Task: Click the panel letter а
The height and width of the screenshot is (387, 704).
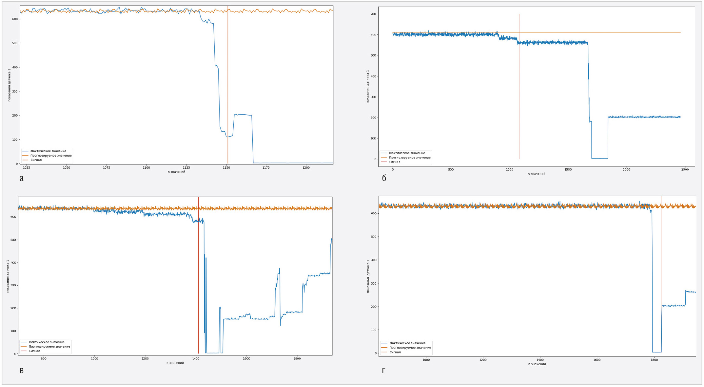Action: [22, 178]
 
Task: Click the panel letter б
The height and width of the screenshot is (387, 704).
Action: [384, 178]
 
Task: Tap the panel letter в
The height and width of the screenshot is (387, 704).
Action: [22, 371]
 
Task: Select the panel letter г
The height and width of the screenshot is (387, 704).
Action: [383, 371]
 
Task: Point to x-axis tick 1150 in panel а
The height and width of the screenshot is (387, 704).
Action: [226, 168]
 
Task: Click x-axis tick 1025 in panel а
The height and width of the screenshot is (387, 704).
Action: [27, 168]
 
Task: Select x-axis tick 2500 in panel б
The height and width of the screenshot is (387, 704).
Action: [685, 170]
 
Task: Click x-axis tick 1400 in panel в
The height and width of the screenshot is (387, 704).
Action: [196, 359]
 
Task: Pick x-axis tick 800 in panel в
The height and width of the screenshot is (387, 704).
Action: [44, 359]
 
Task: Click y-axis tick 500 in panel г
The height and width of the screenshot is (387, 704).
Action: [374, 237]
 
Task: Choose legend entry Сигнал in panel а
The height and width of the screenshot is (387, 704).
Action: [36, 160]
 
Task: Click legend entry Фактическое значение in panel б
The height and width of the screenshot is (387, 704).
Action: [407, 153]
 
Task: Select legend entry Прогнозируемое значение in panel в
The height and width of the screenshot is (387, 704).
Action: [49, 347]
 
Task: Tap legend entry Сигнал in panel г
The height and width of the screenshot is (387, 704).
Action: [395, 352]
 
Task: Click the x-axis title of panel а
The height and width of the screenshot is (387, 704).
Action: [176, 172]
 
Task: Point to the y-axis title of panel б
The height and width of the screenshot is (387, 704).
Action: [368, 86]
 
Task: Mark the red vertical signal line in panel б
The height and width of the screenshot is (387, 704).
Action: [519, 98]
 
